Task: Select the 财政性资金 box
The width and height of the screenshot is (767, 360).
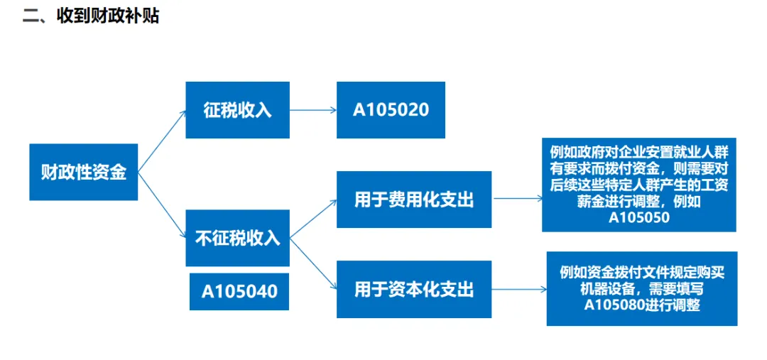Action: [83, 171]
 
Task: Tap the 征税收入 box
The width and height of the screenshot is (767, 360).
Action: [237, 110]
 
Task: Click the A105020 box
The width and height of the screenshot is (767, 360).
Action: [391, 110]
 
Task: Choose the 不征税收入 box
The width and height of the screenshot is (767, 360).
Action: [237, 238]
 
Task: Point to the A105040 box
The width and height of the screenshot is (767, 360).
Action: [239, 291]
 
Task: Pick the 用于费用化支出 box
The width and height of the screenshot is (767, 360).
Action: [413, 200]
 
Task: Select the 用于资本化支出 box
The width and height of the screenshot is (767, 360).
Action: [413, 289]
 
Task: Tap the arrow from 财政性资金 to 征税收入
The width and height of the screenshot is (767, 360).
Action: [162, 141]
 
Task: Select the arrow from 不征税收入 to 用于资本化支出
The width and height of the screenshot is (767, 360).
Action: [313, 263]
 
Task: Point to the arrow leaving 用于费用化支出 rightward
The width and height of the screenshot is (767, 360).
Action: [516, 200]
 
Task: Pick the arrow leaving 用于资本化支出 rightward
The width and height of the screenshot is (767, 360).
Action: [518, 290]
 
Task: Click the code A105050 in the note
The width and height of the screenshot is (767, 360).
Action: [639, 218]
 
